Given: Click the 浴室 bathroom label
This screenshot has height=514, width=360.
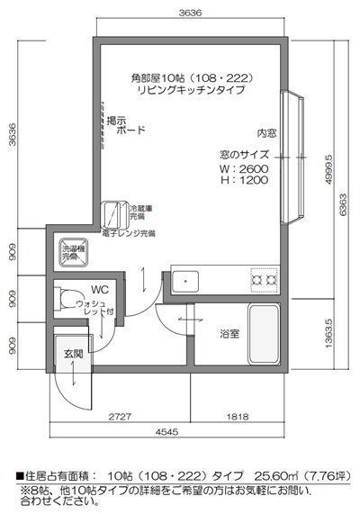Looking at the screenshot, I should click(230, 333).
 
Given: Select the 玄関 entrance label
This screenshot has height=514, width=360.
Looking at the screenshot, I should click(73, 354).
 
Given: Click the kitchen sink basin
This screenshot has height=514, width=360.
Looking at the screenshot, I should click(186, 281).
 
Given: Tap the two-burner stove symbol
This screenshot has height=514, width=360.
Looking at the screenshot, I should click(265, 281).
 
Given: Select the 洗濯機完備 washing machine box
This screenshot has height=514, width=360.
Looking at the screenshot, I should click(71, 253).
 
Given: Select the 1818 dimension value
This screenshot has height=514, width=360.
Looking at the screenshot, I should click(238, 418).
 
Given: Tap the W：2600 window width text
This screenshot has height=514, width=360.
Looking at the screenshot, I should click(244, 167).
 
